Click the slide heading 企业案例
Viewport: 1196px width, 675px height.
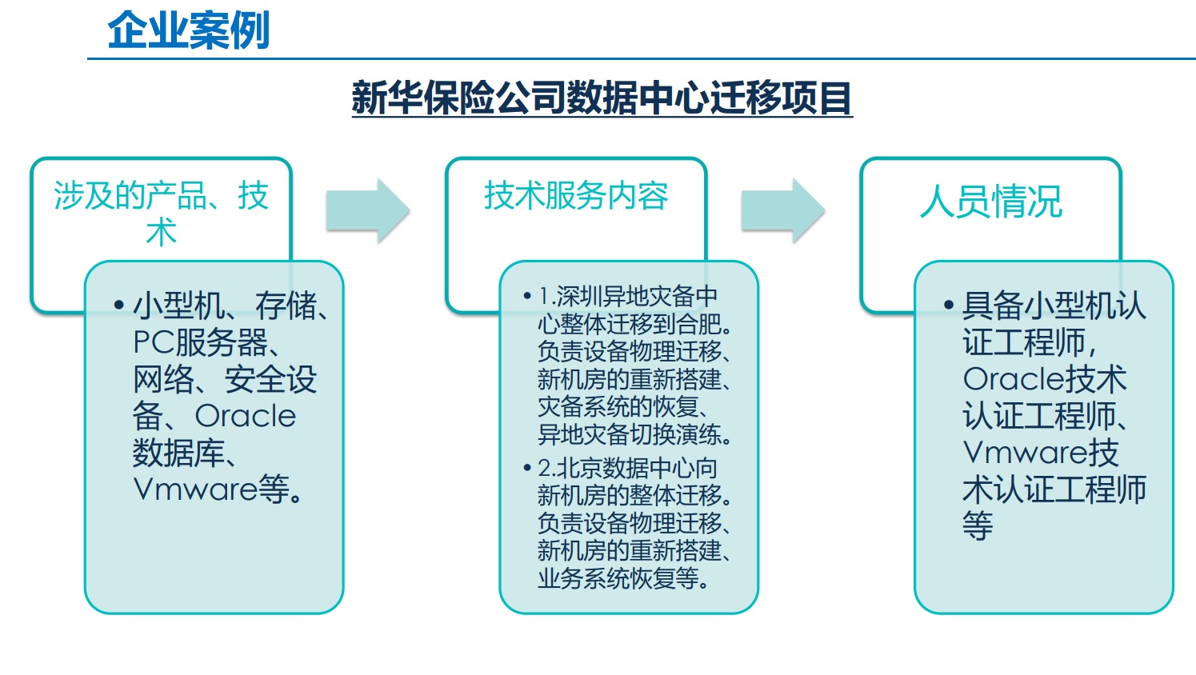click(189, 30)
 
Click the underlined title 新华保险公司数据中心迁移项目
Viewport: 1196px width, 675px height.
click(602, 98)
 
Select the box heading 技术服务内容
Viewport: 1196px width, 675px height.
click(576, 196)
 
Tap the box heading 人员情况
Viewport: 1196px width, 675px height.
click(991, 202)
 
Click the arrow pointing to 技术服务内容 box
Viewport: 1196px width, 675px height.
click(368, 211)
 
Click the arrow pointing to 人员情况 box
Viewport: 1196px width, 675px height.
click(783, 211)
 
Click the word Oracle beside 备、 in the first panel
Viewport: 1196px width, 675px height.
click(245, 416)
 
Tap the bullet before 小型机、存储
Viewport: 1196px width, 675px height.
click(119, 306)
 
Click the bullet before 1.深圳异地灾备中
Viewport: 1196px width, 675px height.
click(527, 296)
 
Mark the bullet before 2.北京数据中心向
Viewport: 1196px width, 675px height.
click(527, 468)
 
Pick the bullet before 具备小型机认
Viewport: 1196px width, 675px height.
click(949, 306)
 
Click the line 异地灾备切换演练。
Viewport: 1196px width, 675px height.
click(634, 434)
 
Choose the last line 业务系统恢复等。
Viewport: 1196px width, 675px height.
click(623, 578)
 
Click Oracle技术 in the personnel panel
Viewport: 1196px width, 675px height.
click(1044, 379)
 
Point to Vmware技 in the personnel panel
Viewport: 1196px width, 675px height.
click(1041, 453)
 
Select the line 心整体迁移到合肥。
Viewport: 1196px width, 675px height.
click(634, 323)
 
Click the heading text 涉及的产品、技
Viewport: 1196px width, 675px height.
click(161, 196)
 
